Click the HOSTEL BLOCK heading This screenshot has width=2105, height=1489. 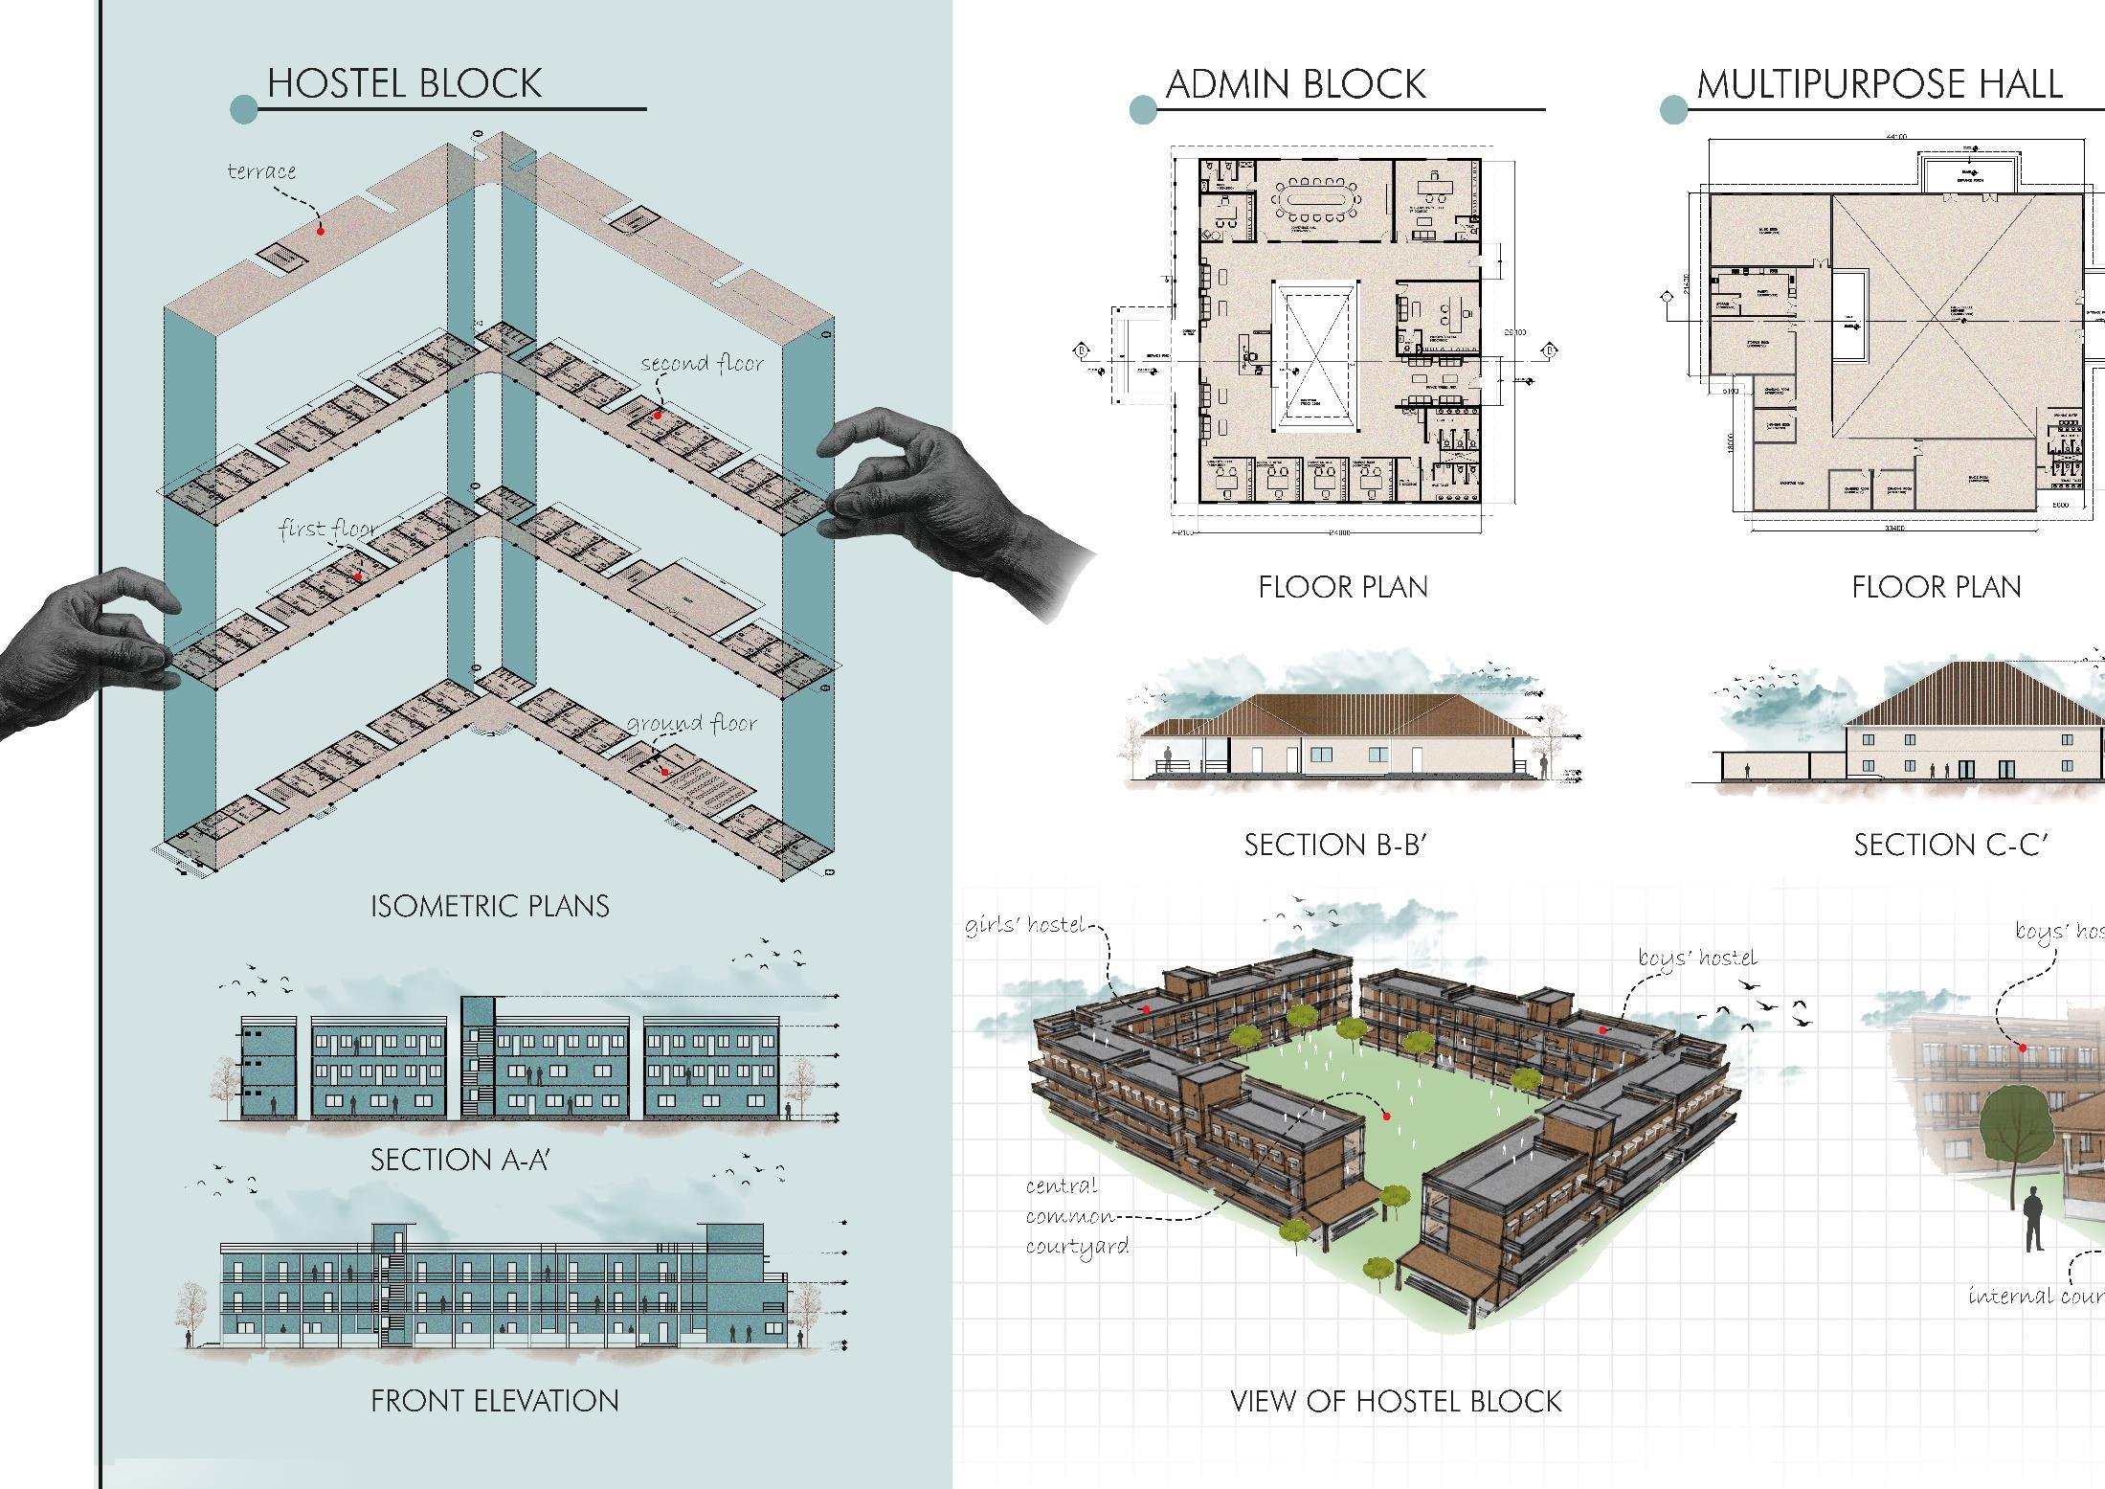point(404,83)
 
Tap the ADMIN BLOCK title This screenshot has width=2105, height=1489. point(1295,84)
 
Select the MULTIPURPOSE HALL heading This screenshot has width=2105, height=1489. point(1879,84)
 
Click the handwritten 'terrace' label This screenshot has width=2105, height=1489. point(261,171)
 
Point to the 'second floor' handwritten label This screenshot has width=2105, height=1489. point(702,364)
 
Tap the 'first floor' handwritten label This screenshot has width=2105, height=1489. point(327,529)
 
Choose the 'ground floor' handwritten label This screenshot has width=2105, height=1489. point(691,723)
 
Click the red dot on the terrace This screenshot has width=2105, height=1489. point(321,231)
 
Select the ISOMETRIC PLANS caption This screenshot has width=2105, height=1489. point(489,906)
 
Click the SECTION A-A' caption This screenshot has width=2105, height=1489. point(460,1161)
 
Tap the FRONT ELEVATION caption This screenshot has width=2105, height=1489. point(494,1401)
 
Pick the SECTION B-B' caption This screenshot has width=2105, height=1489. point(1335,845)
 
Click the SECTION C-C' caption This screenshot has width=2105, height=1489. point(1950,845)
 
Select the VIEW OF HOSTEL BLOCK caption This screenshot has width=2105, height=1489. point(1395,1402)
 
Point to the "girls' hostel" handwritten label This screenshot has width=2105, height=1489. point(1024,925)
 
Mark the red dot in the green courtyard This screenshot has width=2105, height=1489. point(1386,1117)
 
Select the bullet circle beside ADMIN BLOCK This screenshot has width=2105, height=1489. point(1142,110)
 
